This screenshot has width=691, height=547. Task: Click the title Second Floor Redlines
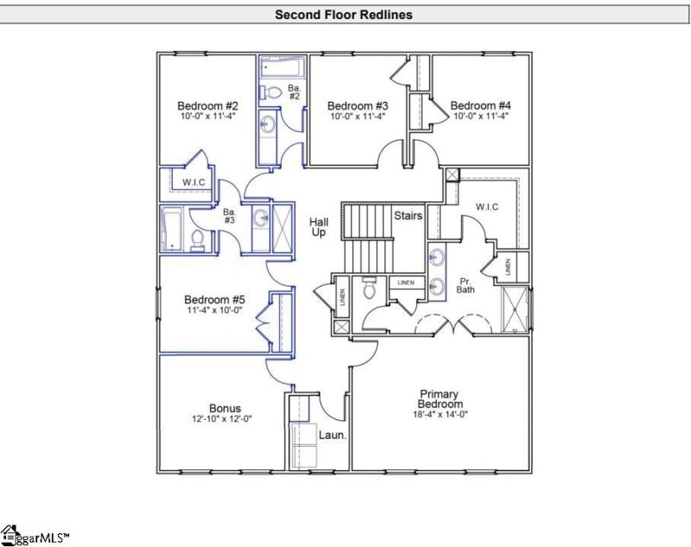[x=343, y=15]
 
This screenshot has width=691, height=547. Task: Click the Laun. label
[x=333, y=436]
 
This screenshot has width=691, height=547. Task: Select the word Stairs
[x=408, y=215]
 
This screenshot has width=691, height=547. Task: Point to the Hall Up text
[x=319, y=228]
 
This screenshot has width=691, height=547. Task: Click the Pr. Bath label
[x=465, y=286]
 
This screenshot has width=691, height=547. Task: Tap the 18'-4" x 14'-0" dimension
[x=441, y=415]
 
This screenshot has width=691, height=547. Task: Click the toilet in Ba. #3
[x=197, y=239]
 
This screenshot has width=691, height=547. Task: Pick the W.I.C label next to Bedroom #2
[x=193, y=182]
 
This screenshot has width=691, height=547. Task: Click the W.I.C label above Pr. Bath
[x=488, y=207]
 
